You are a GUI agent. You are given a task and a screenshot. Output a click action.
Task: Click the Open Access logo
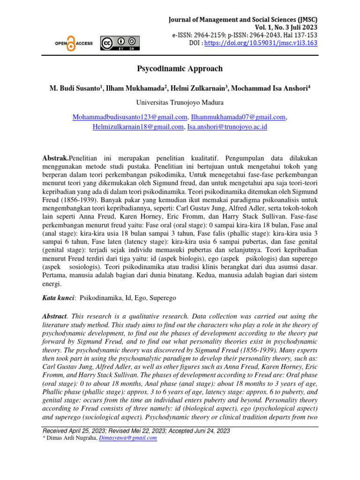tap(73, 44)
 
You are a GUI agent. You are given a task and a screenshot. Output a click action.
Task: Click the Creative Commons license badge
tap(120, 43)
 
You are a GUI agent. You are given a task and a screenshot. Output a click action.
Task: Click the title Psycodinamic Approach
tap(180, 69)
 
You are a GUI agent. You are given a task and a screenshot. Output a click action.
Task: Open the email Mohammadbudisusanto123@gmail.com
tap(130, 117)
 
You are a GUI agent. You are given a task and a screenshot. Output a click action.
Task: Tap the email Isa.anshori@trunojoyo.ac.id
tap(227, 127)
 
